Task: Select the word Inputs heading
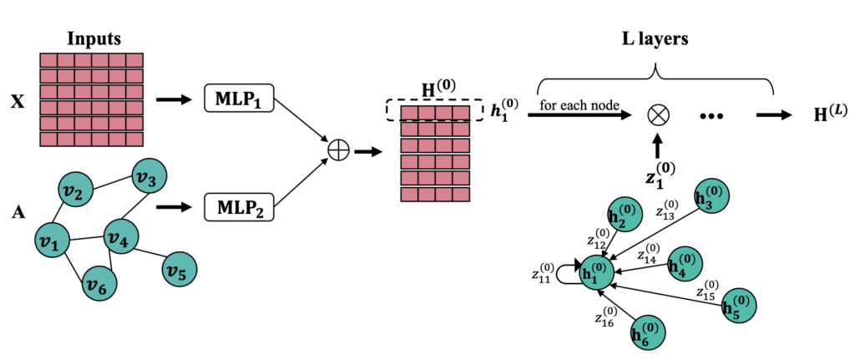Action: click(x=94, y=39)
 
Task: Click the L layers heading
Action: click(x=655, y=39)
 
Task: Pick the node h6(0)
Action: click(x=647, y=332)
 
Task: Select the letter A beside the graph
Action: click(x=16, y=211)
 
